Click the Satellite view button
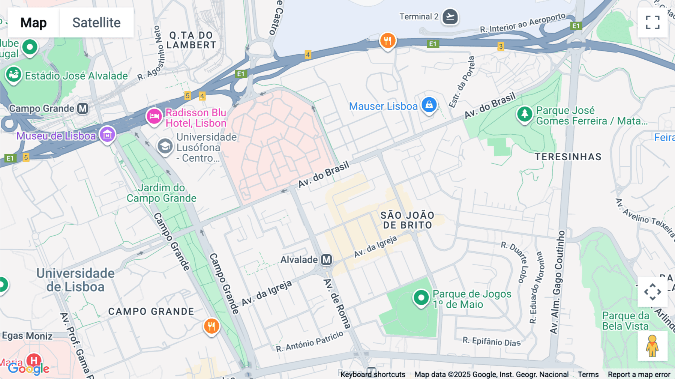[96, 23]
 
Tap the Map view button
[33, 23]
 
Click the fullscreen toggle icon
[652, 23]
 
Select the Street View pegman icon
[652, 346]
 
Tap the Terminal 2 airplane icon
[450, 17]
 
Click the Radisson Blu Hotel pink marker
[154, 116]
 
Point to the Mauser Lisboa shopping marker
[429, 105]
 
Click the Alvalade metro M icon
[327, 259]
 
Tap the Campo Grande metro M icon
[82, 108]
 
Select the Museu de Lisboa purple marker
[107, 134]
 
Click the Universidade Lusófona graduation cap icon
[165, 146]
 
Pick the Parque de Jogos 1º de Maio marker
[421, 298]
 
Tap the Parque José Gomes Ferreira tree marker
[524, 114]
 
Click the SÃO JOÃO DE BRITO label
[407, 220]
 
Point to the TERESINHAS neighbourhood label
[568, 157]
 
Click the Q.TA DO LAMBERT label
[191, 40]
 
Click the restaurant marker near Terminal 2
[388, 41]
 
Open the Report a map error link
[639, 374]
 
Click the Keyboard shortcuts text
[372, 374]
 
